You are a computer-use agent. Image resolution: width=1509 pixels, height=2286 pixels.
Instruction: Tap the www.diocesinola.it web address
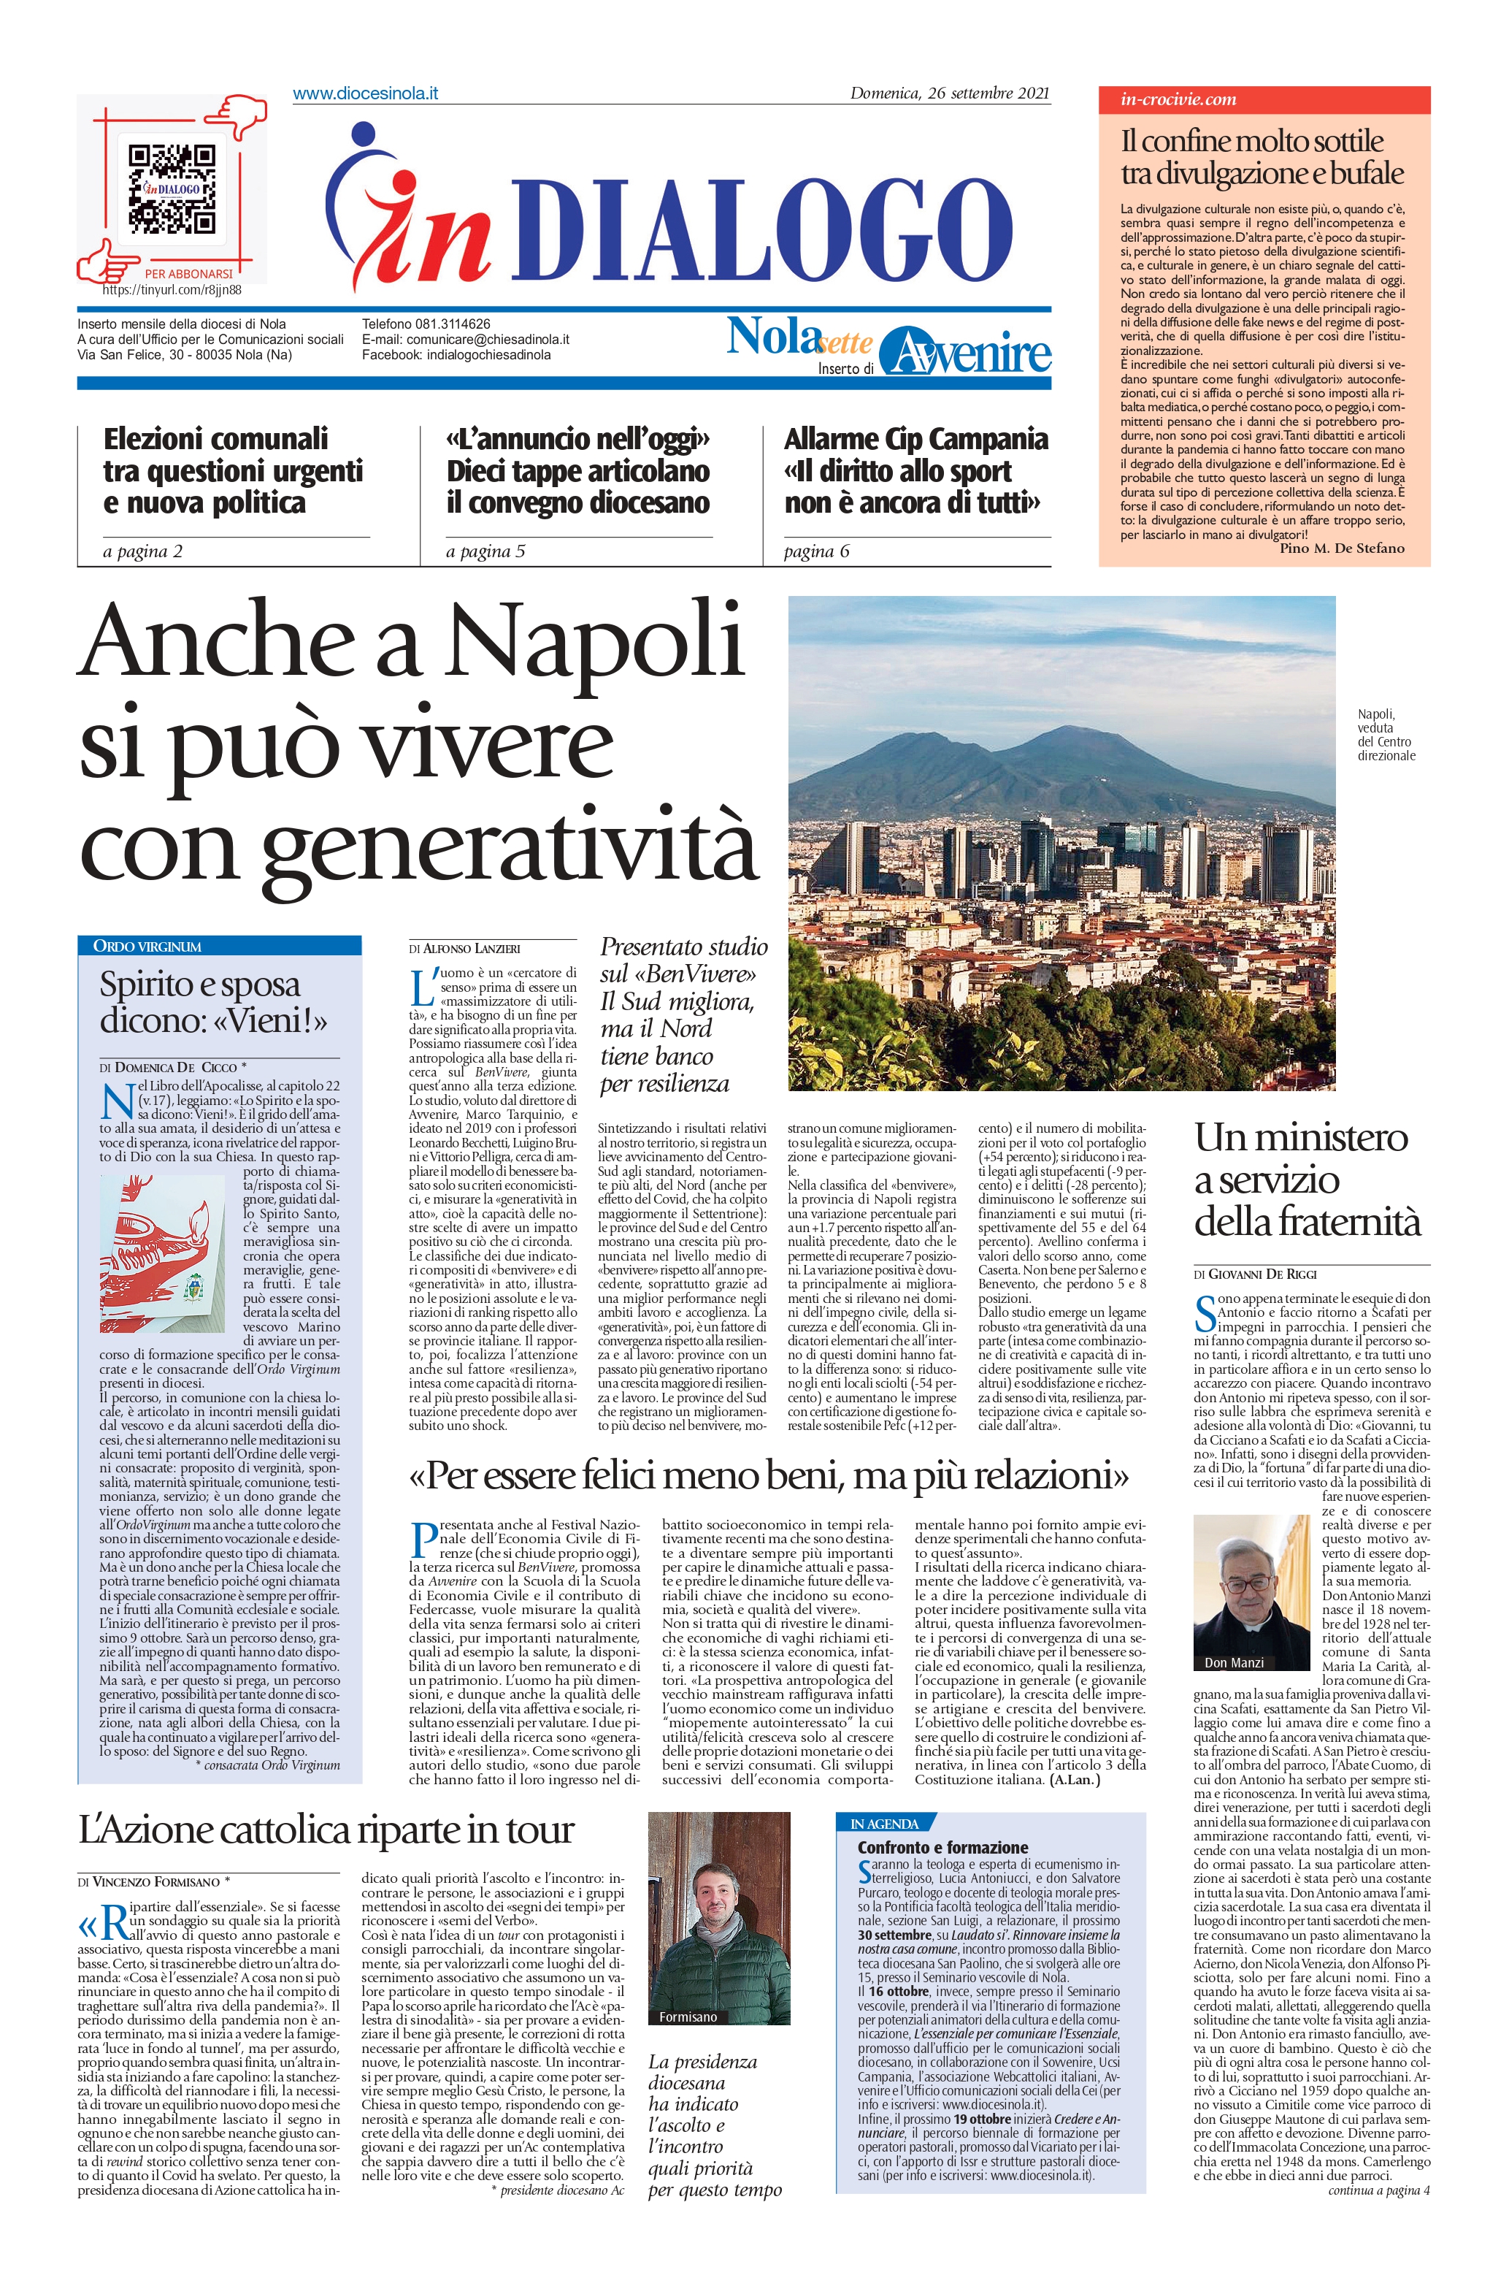[x=366, y=94]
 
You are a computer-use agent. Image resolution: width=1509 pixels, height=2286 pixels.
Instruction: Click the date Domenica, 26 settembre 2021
[x=949, y=94]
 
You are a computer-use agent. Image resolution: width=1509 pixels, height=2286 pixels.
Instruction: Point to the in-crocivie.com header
[x=1178, y=99]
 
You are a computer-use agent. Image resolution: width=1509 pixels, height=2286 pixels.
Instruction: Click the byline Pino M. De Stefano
[x=1342, y=548]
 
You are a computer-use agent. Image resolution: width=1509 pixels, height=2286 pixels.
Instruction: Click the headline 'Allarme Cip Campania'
[x=915, y=440]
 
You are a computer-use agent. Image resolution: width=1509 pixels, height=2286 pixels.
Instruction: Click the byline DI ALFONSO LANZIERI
[x=464, y=949]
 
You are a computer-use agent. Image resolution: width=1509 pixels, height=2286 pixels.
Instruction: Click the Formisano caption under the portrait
[x=688, y=2017]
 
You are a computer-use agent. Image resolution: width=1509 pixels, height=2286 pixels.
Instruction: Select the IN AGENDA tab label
[x=883, y=1824]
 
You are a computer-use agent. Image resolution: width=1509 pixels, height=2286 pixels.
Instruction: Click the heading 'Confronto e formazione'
[x=942, y=1848]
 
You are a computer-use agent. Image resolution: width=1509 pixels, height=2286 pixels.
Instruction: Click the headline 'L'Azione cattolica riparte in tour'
[x=327, y=1830]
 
